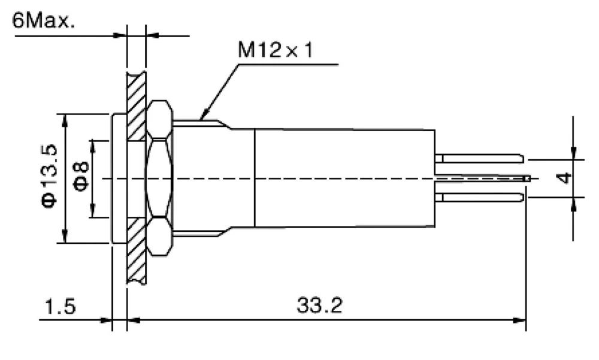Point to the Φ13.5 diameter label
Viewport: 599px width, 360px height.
(x=51, y=177)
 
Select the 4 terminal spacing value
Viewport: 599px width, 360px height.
(x=563, y=178)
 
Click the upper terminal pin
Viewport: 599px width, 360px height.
(x=479, y=159)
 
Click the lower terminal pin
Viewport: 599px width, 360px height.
(x=479, y=197)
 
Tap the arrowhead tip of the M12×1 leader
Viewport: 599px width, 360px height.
(x=201, y=119)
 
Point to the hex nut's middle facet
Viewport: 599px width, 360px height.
(x=159, y=178)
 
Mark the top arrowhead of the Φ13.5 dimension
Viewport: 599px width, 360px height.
(x=65, y=117)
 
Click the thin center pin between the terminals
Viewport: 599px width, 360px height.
(x=482, y=178)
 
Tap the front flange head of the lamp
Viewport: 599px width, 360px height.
(x=119, y=178)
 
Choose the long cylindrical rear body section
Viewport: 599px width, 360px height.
(x=344, y=178)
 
